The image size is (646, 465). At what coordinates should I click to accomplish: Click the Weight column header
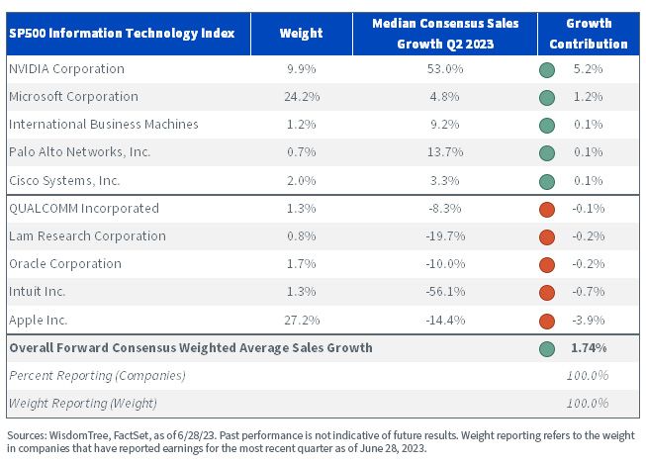click(301, 34)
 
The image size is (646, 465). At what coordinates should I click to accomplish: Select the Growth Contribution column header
click(589, 34)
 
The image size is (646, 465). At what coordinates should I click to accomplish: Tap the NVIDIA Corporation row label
click(66, 69)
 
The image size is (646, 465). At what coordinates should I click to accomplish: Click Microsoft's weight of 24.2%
click(302, 96)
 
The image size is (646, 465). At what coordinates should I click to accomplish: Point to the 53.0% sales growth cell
click(445, 69)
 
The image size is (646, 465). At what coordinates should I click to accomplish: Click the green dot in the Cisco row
click(547, 182)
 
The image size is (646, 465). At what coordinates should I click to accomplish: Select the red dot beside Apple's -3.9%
click(547, 322)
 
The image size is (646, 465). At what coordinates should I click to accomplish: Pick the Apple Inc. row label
click(38, 320)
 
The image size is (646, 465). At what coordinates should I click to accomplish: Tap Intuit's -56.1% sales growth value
click(445, 292)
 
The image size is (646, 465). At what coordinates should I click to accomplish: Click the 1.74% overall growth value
click(589, 348)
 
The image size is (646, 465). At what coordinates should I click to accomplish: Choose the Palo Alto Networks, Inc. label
click(79, 152)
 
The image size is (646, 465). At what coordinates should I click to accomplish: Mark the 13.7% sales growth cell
click(445, 152)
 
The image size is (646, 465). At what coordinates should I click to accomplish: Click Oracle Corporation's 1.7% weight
click(301, 263)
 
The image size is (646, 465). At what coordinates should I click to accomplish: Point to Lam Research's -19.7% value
click(445, 236)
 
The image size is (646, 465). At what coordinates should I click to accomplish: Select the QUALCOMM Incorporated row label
click(84, 209)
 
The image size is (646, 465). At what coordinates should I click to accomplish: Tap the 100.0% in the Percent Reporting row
click(587, 376)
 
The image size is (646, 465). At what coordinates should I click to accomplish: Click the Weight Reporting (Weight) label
click(83, 404)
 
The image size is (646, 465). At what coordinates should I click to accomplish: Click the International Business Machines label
click(104, 125)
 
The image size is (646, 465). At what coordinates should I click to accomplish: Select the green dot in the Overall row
click(547, 349)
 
